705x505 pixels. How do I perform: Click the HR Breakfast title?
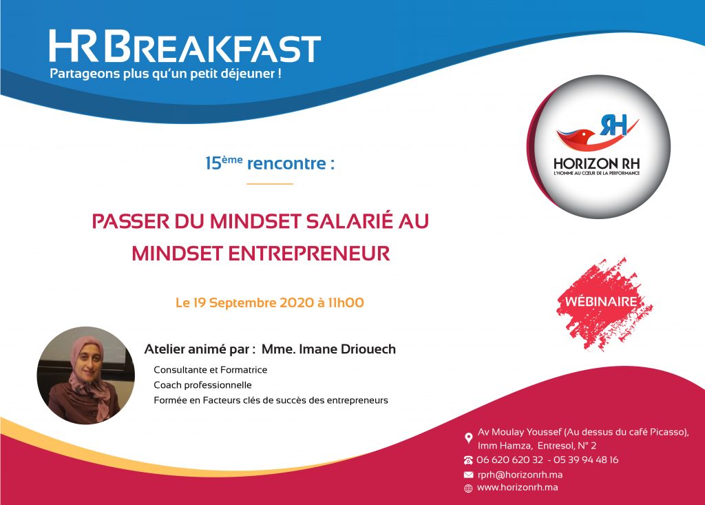click(185, 46)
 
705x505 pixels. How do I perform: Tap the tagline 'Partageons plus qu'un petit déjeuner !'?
click(165, 73)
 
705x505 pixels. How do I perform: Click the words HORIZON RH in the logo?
click(596, 163)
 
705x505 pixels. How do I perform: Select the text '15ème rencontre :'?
click(270, 163)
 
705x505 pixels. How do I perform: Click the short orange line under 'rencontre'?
click(270, 184)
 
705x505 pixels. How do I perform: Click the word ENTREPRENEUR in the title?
click(309, 254)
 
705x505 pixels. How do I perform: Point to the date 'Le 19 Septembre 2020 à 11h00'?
click(270, 302)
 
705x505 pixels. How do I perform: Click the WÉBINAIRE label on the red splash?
click(601, 301)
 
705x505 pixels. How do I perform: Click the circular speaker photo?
click(86, 375)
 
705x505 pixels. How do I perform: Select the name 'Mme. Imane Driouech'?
click(328, 349)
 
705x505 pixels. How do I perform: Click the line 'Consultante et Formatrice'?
click(211, 369)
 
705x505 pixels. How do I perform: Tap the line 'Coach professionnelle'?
click(203, 385)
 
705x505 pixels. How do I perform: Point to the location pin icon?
click(468, 438)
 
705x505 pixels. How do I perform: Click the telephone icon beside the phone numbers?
click(468, 460)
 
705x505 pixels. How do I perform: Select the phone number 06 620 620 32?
click(510, 460)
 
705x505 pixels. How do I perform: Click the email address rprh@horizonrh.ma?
click(520, 475)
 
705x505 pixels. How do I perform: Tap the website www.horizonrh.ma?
click(518, 488)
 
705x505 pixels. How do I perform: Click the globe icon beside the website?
click(468, 488)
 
